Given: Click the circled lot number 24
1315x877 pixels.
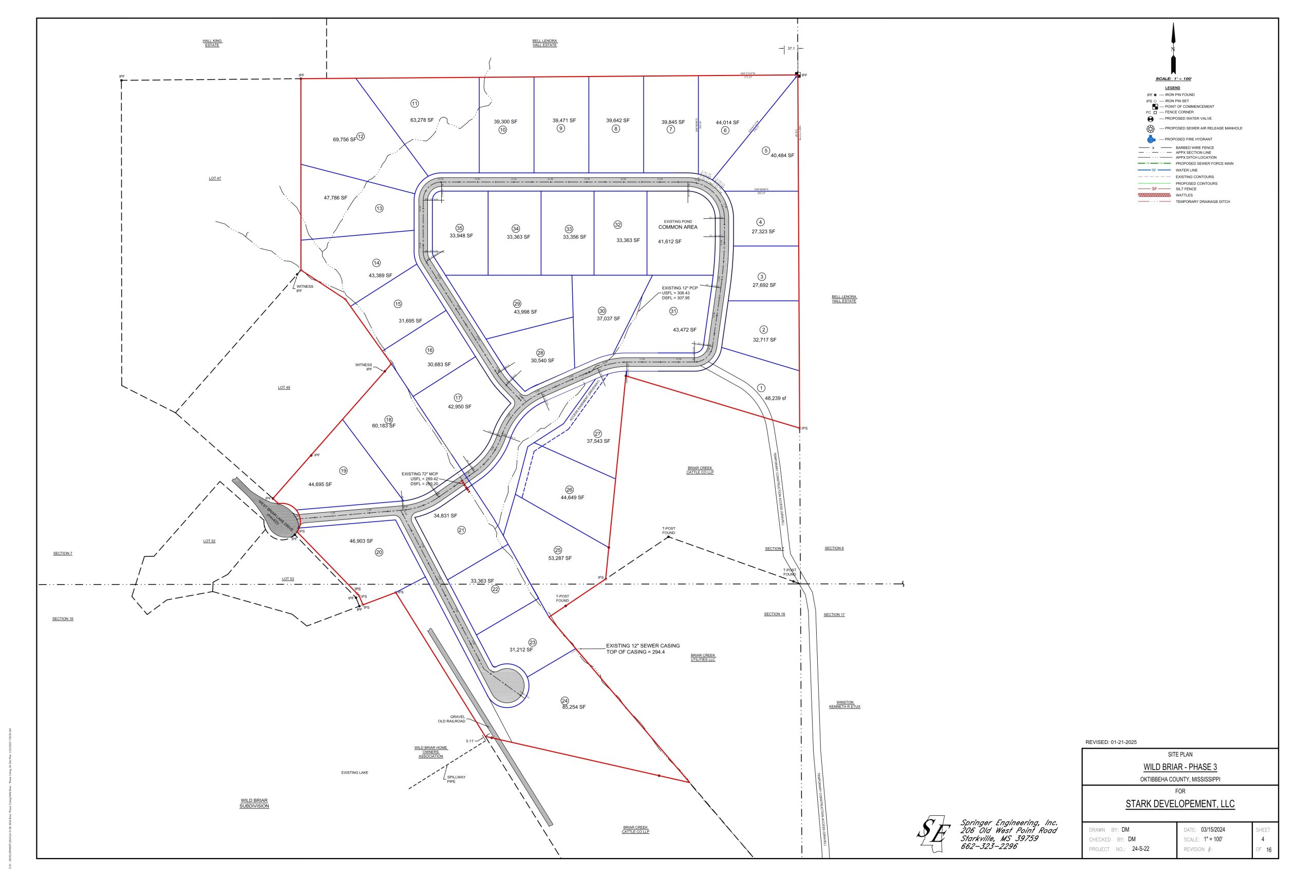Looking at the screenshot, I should (x=565, y=701).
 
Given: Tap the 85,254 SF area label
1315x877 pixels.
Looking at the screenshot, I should (x=574, y=707).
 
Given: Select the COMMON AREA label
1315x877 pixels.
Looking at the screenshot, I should (x=678, y=227).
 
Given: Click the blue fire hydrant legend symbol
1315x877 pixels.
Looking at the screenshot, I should (x=1151, y=139).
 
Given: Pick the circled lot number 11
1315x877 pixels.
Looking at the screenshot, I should (x=415, y=103).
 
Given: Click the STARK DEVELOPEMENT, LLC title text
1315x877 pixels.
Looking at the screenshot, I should (x=1180, y=804).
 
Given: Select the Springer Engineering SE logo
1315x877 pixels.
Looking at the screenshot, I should (x=934, y=834).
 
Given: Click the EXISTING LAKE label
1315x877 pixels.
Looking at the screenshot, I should (x=354, y=772).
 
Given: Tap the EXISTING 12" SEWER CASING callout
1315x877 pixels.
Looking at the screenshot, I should (x=643, y=649).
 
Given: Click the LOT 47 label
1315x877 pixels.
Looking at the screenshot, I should (x=215, y=178).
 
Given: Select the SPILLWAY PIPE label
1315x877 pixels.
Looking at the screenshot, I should (x=456, y=779).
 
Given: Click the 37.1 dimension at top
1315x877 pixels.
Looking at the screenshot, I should (x=791, y=49).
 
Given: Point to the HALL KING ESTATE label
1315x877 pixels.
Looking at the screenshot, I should (x=212, y=43).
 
